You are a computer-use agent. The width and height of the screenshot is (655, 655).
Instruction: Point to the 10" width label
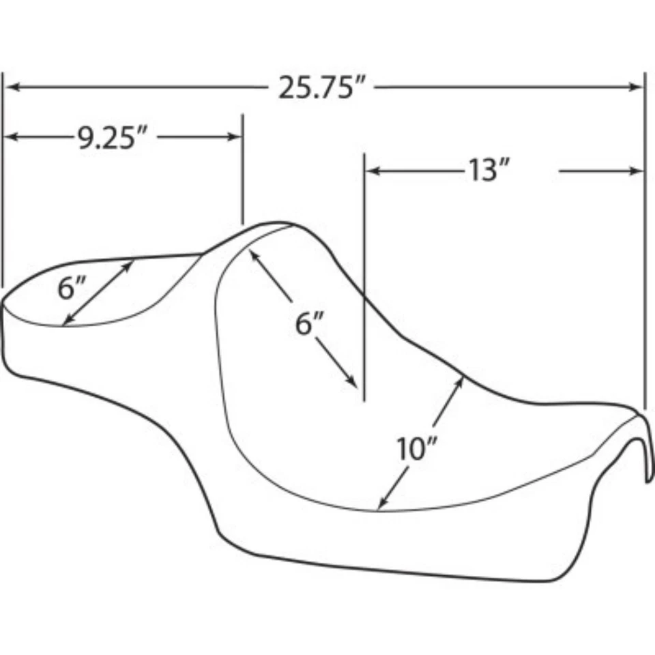click(416, 450)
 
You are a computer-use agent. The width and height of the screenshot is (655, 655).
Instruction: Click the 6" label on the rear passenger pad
click(71, 289)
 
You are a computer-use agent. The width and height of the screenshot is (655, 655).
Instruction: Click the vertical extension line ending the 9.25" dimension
click(242, 171)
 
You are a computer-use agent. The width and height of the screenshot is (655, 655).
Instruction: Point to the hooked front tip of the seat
click(647, 471)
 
